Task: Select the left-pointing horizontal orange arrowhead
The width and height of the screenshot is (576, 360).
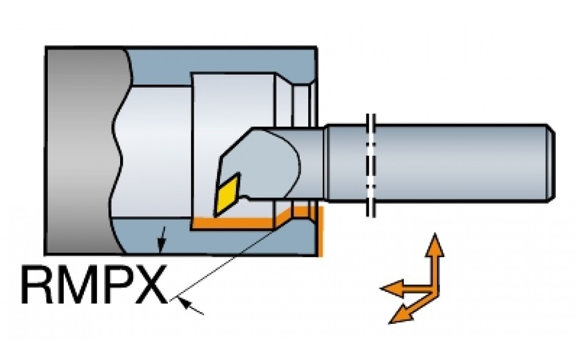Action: [392, 288]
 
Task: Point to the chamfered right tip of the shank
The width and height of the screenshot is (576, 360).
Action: [551, 163]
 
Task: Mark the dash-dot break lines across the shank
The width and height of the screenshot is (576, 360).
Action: [371, 165]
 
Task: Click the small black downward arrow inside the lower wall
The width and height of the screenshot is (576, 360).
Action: [162, 240]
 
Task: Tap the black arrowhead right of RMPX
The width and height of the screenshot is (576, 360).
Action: [191, 306]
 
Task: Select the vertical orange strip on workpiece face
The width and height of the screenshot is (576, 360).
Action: [320, 231]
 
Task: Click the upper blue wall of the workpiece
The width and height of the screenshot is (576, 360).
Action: [221, 66]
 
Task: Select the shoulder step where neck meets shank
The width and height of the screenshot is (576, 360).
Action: [325, 163]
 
